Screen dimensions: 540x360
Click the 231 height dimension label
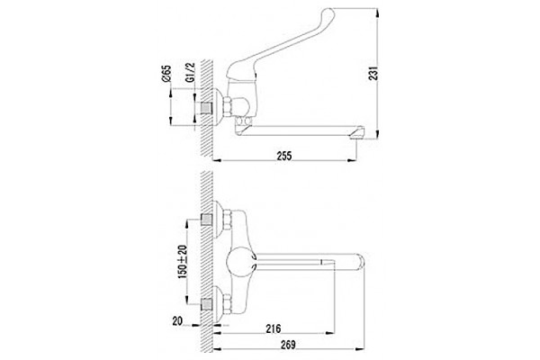pos(373,73)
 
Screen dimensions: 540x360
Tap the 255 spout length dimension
pos(284,156)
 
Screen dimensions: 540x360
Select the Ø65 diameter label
pos(166,74)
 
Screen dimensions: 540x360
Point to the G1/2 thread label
pos(190,72)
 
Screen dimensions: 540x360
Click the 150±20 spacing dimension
pos(182,262)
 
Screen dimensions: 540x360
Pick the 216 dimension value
pos(273,328)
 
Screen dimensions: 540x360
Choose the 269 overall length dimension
pos(288,345)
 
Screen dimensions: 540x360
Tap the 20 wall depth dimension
pos(177,321)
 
